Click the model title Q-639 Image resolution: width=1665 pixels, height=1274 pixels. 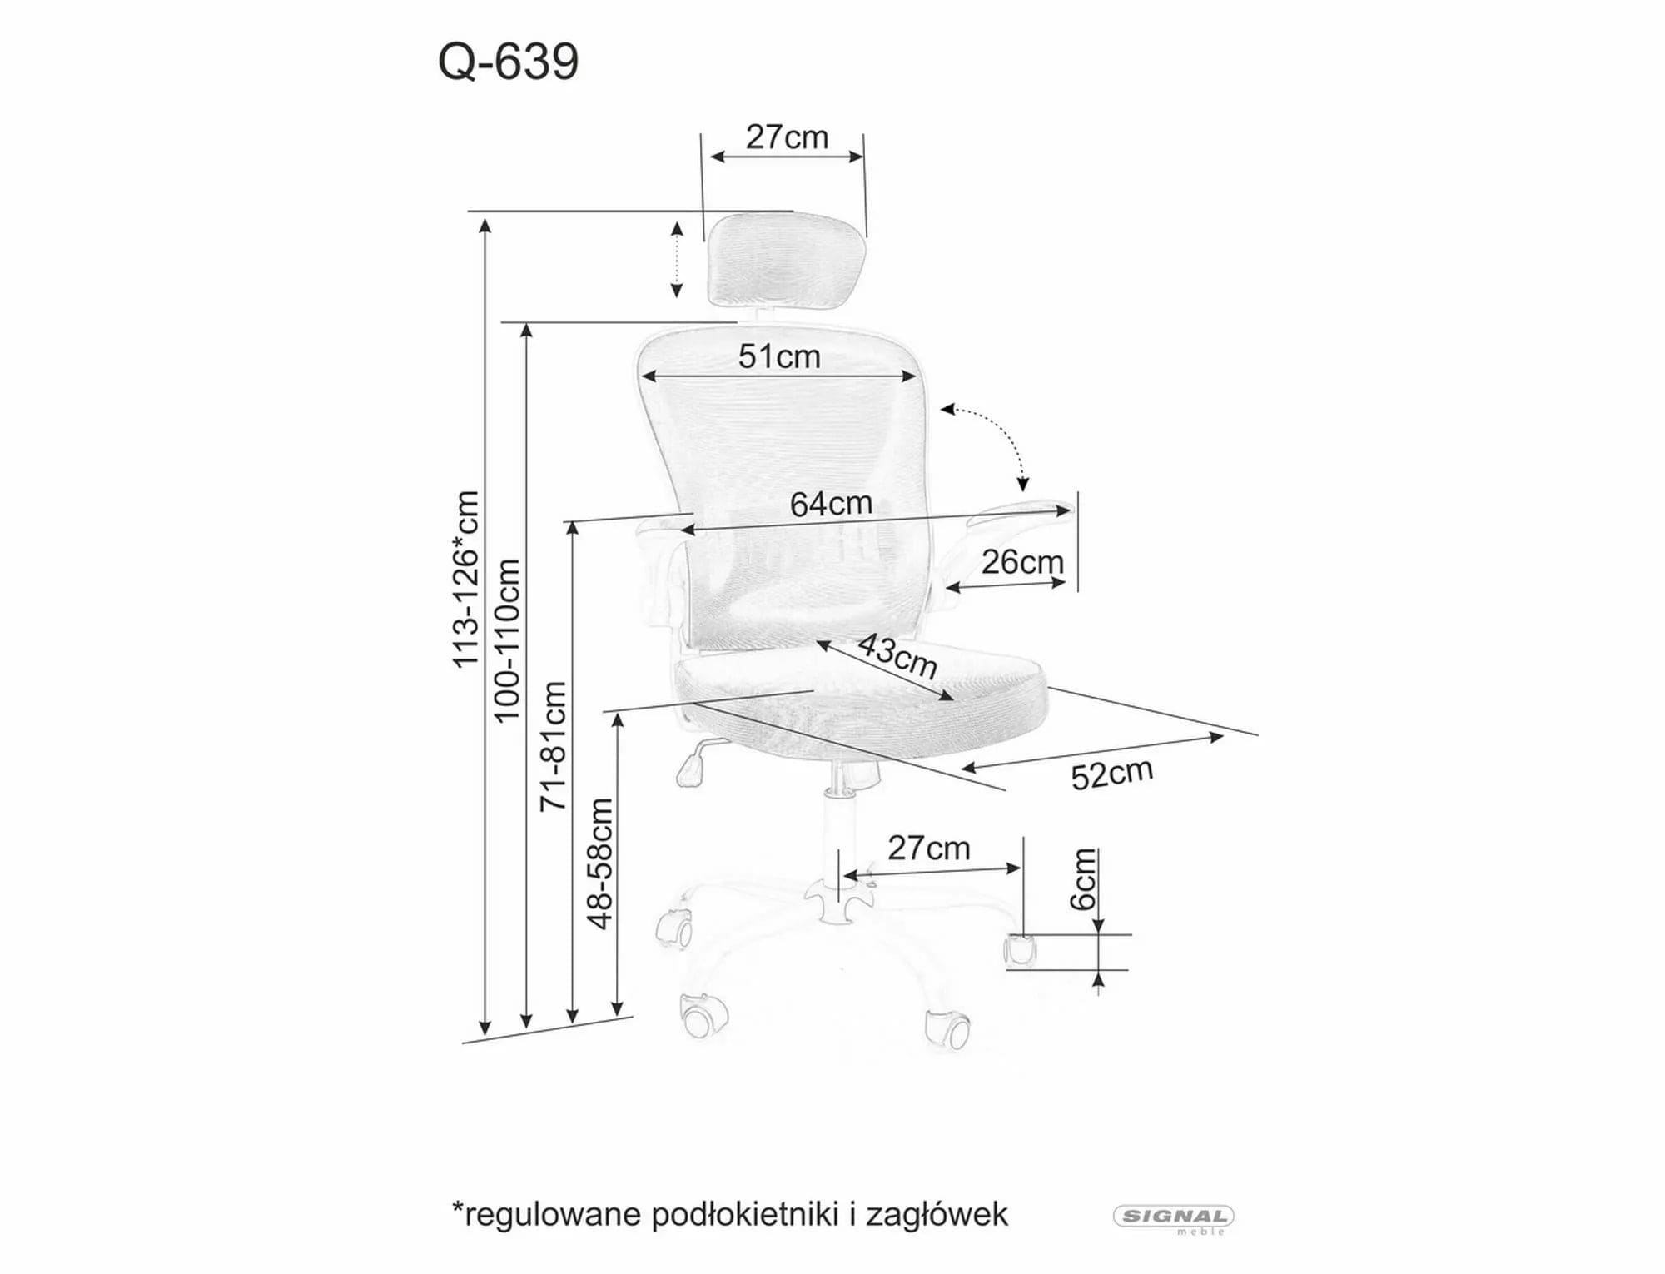pyautogui.click(x=508, y=62)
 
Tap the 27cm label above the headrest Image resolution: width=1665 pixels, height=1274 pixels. pyautogui.click(x=787, y=137)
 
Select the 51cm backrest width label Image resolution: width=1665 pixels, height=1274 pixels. pyautogui.click(x=779, y=356)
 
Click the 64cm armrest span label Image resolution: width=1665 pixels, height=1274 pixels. pyautogui.click(x=831, y=504)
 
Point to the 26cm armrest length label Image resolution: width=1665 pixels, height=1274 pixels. pyautogui.click(x=1022, y=562)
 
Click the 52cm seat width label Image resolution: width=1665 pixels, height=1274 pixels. pyautogui.click(x=1111, y=774)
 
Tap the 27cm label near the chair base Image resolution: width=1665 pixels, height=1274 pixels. pyautogui.click(x=928, y=849)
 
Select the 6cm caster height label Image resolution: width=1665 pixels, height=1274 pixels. pyautogui.click(x=1082, y=879)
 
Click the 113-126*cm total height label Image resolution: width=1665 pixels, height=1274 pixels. pyautogui.click(x=465, y=580)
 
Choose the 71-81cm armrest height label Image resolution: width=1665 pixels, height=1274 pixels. pyautogui.click(x=553, y=746)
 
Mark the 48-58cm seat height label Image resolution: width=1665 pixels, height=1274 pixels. pyautogui.click(x=599, y=863)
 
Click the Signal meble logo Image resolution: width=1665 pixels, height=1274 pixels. pyautogui.click(x=1174, y=1217)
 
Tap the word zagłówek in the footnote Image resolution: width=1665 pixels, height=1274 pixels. pyautogui.click(x=937, y=1215)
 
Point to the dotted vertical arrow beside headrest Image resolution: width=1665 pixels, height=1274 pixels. pyautogui.click(x=677, y=259)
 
